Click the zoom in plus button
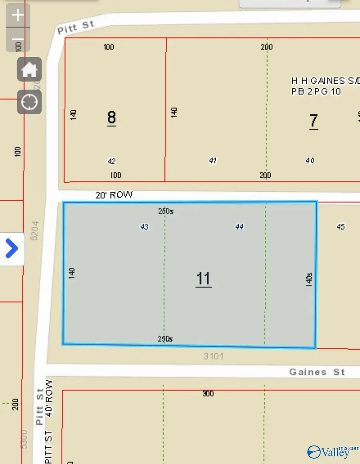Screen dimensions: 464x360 click(x=18, y=15)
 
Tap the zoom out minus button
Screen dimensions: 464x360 click(x=18, y=40)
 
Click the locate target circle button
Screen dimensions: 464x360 click(x=29, y=102)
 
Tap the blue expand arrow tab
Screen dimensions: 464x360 click(x=12, y=248)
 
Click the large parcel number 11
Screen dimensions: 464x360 click(x=204, y=278)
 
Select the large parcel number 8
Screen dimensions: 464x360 click(x=112, y=118)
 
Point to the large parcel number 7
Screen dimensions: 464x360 click(x=314, y=120)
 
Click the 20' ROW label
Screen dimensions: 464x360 click(x=114, y=195)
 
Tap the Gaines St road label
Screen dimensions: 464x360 click(x=317, y=372)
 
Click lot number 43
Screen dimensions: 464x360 click(x=144, y=227)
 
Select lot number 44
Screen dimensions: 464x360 click(x=239, y=227)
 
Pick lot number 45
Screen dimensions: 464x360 click(x=341, y=227)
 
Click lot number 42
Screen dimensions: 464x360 click(x=112, y=161)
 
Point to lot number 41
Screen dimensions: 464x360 click(x=213, y=161)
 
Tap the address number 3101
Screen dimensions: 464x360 click(x=214, y=356)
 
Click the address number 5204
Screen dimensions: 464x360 click(x=35, y=230)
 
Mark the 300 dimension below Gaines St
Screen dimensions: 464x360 click(x=208, y=394)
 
